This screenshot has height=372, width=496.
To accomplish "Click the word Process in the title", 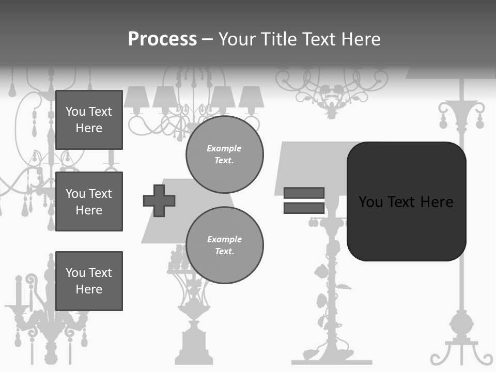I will tap(162, 39).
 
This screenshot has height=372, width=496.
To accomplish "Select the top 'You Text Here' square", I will tap(89, 120).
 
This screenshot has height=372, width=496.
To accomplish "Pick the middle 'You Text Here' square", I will tap(89, 202).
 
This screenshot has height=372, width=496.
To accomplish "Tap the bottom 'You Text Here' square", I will tap(89, 281).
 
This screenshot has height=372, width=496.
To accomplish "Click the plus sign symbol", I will tap(159, 200).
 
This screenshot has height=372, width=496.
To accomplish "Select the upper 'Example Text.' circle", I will tap(224, 154).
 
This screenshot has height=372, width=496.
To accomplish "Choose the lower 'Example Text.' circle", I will tap(224, 245).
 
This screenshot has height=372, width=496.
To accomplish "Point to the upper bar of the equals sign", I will tap(304, 193).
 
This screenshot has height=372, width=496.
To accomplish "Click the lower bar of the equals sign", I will tap(304, 208).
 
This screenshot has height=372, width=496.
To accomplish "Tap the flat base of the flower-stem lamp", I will tap(331, 362).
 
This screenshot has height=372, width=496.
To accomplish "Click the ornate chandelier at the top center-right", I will tap(331, 90).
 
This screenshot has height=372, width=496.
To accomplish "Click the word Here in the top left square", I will tap(89, 128).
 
